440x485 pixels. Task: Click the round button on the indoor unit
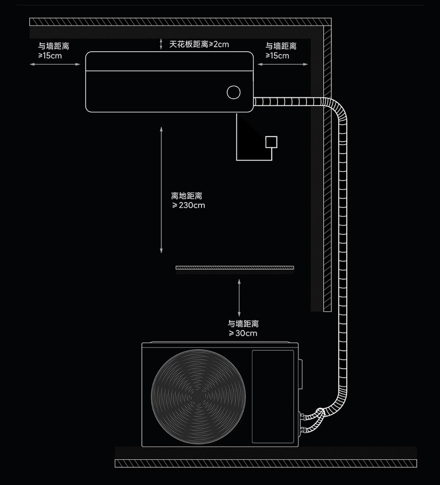pyautogui.click(x=234, y=92)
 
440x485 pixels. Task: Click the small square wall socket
pyautogui.click(x=271, y=142)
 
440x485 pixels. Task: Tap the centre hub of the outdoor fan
pyautogui.click(x=198, y=396)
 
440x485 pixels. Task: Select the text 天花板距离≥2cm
pyautogui.click(x=199, y=44)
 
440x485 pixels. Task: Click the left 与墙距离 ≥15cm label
pyautogui.click(x=53, y=51)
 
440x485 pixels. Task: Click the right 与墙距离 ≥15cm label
pyautogui.click(x=281, y=51)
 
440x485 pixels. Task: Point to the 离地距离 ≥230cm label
pyautogui.click(x=188, y=200)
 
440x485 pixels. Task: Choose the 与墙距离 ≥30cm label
pyautogui.click(x=243, y=328)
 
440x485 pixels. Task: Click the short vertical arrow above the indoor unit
pyautogui.click(x=160, y=44)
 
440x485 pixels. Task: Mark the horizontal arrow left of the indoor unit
pyautogui.click(x=55, y=64)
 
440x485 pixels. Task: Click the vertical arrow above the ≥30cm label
pyautogui.click(x=239, y=298)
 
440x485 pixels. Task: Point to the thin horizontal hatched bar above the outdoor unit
pyautogui.click(x=235, y=268)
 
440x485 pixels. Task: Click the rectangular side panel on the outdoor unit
pyautogui.click(x=273, y=396)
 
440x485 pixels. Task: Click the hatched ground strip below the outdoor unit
pyautogui.click(x=266, y=463)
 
